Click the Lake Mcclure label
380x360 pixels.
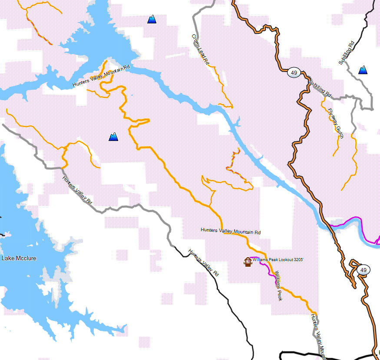[19, 259]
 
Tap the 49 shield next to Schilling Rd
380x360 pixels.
[294, 72]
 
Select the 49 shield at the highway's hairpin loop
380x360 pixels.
[363, 270]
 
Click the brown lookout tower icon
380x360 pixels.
[248, 262]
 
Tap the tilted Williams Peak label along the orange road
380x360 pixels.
[278, 286]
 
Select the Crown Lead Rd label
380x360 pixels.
[200, 49]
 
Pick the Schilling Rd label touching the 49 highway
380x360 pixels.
[320, 88]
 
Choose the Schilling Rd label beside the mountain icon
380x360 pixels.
[347, 53]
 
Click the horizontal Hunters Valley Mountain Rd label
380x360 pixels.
[231, 231]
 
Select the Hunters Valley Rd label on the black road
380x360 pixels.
[203, 263]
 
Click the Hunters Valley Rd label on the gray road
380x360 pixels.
[77, 190]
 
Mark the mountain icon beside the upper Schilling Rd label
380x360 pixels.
[363, 70]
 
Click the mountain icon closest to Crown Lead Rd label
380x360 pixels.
[152, 19]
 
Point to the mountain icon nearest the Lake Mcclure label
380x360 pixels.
[113, 137]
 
